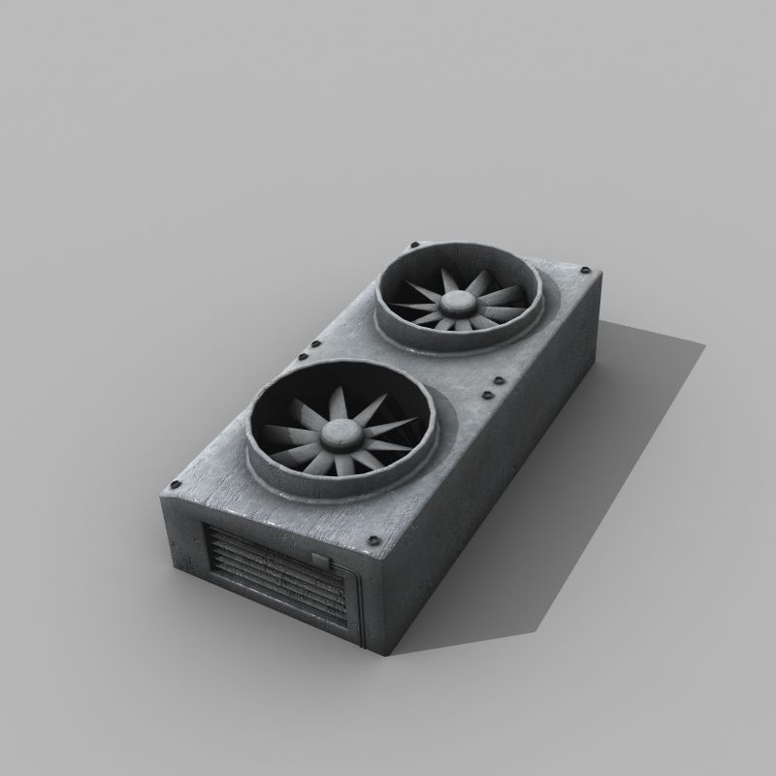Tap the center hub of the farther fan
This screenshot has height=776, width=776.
pos(454,304)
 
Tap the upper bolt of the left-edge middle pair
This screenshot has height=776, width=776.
pos(314,343)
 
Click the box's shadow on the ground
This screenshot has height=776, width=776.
pos(582,485)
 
